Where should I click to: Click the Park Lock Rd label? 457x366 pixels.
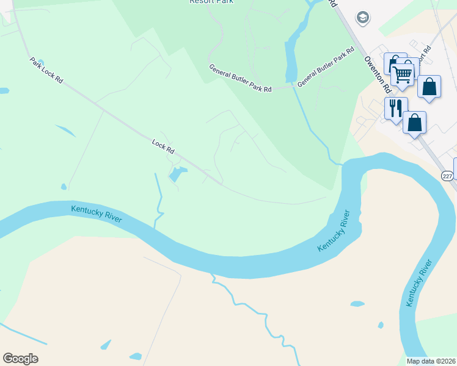[x=46, y=71]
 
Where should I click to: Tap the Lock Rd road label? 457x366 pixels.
[x=163, y=147]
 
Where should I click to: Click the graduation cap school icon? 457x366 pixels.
[x=363, y=18]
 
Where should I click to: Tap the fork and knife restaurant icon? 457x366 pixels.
[x=395, y=108]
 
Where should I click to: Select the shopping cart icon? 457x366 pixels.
[x=403, y=74]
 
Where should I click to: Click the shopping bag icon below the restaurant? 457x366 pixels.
[x=414, y=123]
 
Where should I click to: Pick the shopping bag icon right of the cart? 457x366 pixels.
[x=429, y=87]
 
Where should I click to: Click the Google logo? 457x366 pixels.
[x=20, y=358]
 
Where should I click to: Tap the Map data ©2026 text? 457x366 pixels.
[x=431, y=361]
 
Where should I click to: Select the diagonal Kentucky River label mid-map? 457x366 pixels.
[x=334, y=231]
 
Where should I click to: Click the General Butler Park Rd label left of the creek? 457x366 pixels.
[x=240, y=79]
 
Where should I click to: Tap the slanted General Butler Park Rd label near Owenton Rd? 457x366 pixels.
[x=326, y=67]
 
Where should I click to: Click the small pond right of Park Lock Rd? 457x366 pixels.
[x=65, y=131]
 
